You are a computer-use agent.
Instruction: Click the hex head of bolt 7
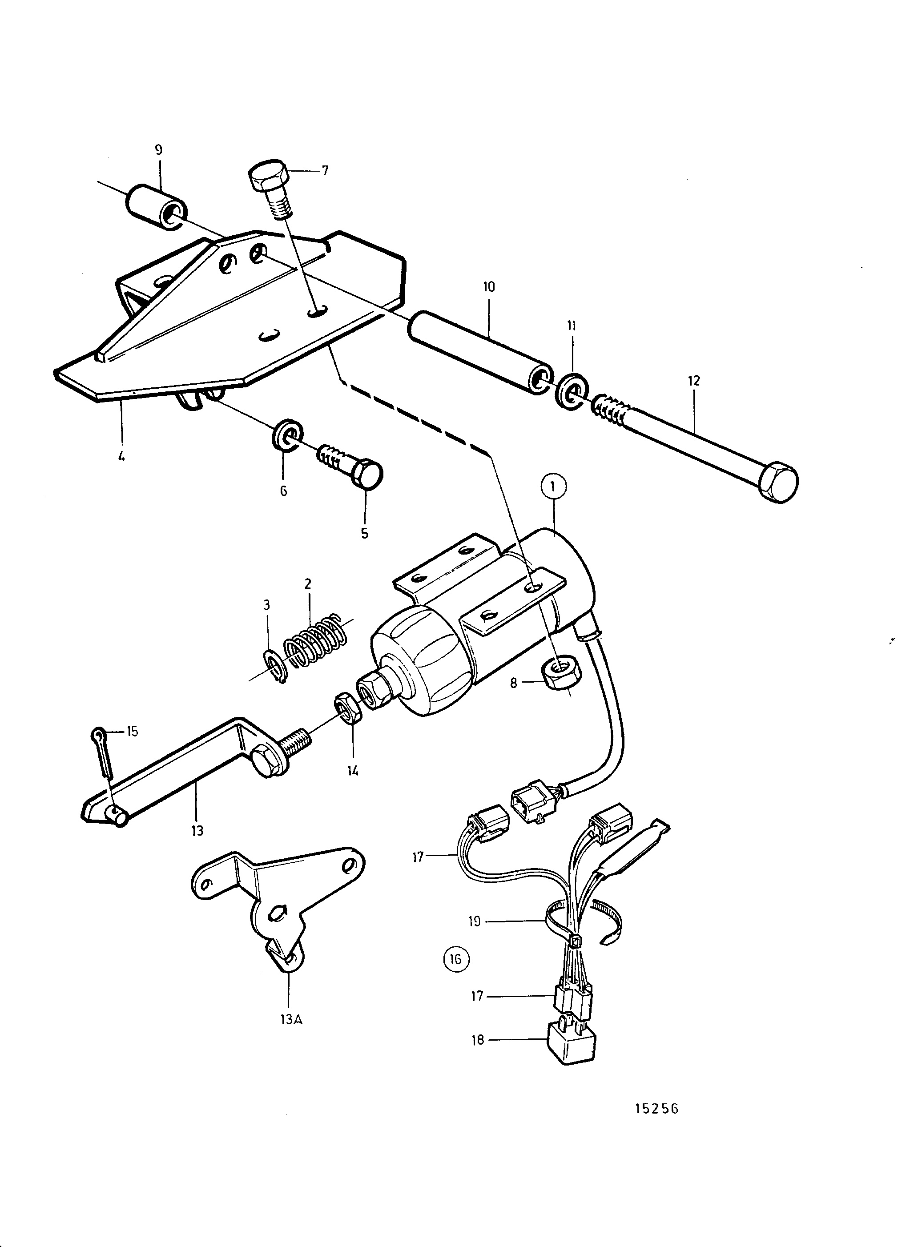[x=270, y=176]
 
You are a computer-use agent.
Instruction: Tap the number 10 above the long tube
[x=489, y=287]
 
